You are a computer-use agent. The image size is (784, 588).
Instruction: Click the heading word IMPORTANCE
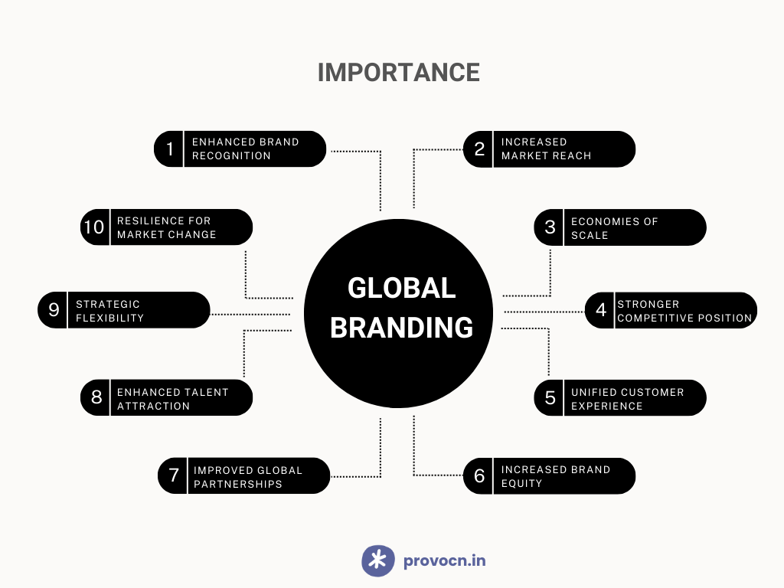coord(398,73)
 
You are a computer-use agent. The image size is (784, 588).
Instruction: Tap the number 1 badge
coord(169,149)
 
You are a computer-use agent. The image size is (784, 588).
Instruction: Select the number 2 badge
coord(479,149)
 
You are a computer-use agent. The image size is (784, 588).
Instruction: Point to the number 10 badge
coord(95,227)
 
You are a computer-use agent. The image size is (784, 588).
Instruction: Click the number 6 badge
coord(479,475)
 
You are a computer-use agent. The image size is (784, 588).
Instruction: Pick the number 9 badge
coord(53,310)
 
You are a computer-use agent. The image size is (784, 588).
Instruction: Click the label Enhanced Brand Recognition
coord(246,149)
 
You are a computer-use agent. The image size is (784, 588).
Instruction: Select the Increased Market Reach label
coord(546,149)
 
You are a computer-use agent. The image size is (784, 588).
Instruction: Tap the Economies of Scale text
coord(615,228)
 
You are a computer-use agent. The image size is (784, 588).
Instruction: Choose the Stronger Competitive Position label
coord(684,311)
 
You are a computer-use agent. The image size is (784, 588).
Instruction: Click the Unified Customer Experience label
coord(628,399)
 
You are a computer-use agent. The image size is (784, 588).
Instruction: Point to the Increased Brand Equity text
coord(556,476)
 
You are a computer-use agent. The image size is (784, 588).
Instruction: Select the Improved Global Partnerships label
coord(248,477)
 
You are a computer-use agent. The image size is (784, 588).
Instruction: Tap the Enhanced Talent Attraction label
coord(172,399)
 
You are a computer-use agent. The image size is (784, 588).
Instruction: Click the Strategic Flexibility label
coord(109,311)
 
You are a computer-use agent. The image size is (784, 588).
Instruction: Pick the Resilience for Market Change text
coord(166,227)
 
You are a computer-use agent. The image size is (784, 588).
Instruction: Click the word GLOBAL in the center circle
coord(401,289)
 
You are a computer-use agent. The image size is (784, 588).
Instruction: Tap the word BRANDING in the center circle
coord(401,328)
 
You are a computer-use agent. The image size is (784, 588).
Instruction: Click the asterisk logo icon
coord(378,560)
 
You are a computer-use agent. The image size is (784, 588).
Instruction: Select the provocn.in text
coord(445,560)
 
